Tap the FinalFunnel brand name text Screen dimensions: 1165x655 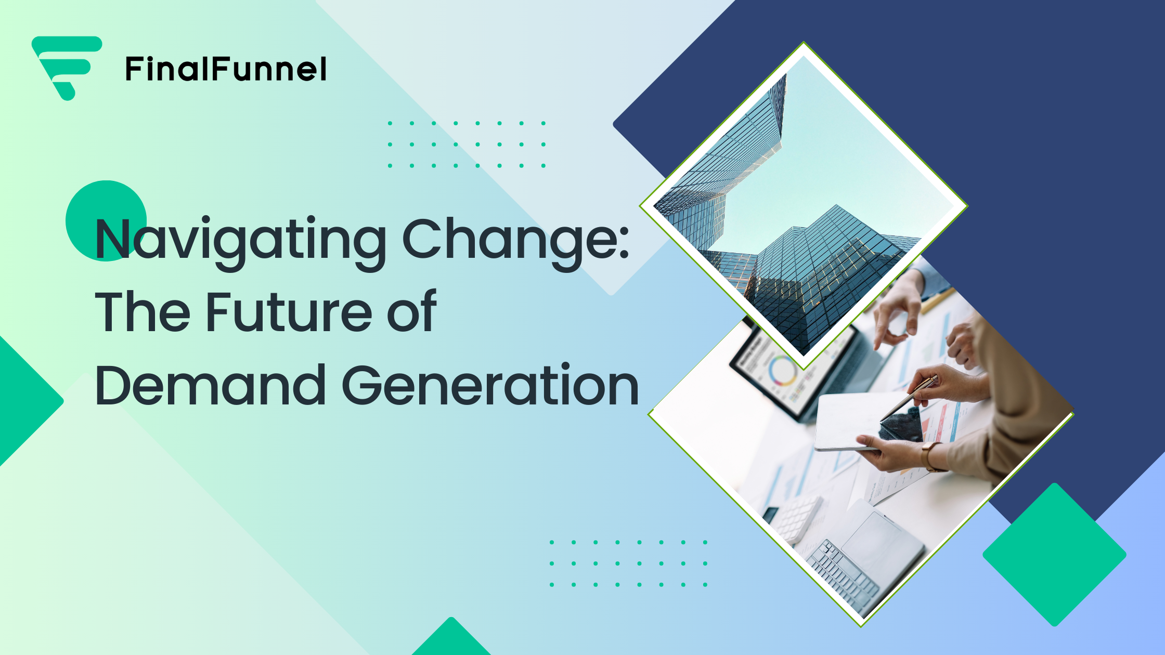click(226, 69)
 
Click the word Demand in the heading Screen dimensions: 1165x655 click(211, 385)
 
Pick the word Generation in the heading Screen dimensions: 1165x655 click(491, 385)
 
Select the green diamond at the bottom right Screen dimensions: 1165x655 click(1054, 555)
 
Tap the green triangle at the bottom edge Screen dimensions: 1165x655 click(451, 639)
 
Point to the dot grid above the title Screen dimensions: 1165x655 click(467, 145)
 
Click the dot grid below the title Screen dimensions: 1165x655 click(628, 564)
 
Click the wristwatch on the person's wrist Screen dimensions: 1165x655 click(929, 456)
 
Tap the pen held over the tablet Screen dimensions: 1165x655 click(909, 398)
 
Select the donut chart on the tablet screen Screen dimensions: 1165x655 click(782, 370)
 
